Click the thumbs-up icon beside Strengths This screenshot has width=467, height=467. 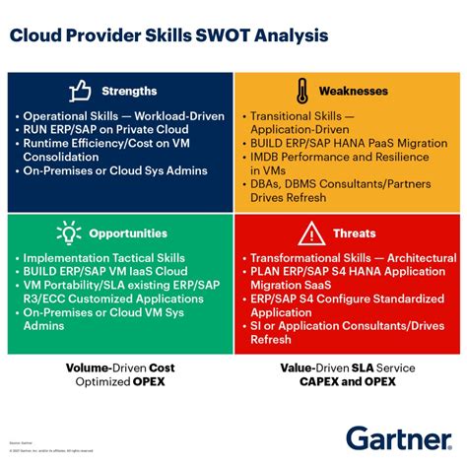pos(80,92)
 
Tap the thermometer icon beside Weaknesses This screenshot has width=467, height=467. pos(300,92)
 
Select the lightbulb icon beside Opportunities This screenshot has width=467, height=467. pos(68,233)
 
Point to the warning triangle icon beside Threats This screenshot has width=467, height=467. pos(311,233)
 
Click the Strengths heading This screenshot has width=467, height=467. pos(129,92)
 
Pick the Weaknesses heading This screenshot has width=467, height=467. pos(353,92)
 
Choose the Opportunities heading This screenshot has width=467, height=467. pos(129,233)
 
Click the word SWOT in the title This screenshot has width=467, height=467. pos(230,36)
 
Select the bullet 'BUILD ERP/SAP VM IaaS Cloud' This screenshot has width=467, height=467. pos(111,271)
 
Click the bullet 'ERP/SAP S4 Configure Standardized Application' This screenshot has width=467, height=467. pos(340,305)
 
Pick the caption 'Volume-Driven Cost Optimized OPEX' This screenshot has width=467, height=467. pos(119,374)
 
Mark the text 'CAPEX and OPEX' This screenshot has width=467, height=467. pos(348,381)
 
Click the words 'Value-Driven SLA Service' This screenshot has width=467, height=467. pos(348,367)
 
